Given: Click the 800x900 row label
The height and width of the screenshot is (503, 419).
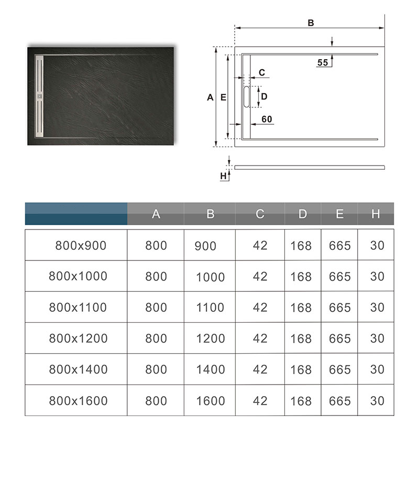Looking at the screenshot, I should click(81, 245).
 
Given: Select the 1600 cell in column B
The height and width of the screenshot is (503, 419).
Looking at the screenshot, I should click(210, 401).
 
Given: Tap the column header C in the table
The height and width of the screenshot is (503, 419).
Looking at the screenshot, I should click(260, 214).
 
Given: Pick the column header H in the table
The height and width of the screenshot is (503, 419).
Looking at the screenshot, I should click(376, 214).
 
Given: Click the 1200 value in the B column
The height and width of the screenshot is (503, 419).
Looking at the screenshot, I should click(210, 339).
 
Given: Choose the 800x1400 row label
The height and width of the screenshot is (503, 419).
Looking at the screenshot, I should click(78, 369).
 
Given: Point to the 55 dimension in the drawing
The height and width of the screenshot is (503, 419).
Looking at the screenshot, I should click(323, 62).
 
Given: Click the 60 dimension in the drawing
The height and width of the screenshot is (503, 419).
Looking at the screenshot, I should click(267, 119).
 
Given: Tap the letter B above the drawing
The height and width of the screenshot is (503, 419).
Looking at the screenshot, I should click(311, 23).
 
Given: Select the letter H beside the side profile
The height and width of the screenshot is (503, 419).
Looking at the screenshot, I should click(223, 176).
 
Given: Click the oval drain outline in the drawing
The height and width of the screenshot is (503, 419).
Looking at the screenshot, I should click(247, 96).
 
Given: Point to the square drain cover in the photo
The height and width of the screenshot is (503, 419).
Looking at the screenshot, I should click(39, 96).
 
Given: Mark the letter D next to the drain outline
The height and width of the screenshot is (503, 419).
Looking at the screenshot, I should click(264, 96).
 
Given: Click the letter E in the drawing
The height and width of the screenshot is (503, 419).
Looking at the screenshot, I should click(223, 97).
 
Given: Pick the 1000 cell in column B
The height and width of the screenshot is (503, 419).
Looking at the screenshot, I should click(210, 277).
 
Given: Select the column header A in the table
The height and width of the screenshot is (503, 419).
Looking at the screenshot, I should click(156, 214).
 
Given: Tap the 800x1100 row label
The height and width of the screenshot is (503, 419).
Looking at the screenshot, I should click(78, 308).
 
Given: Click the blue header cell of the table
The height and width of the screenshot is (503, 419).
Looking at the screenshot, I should click(76, 214).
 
